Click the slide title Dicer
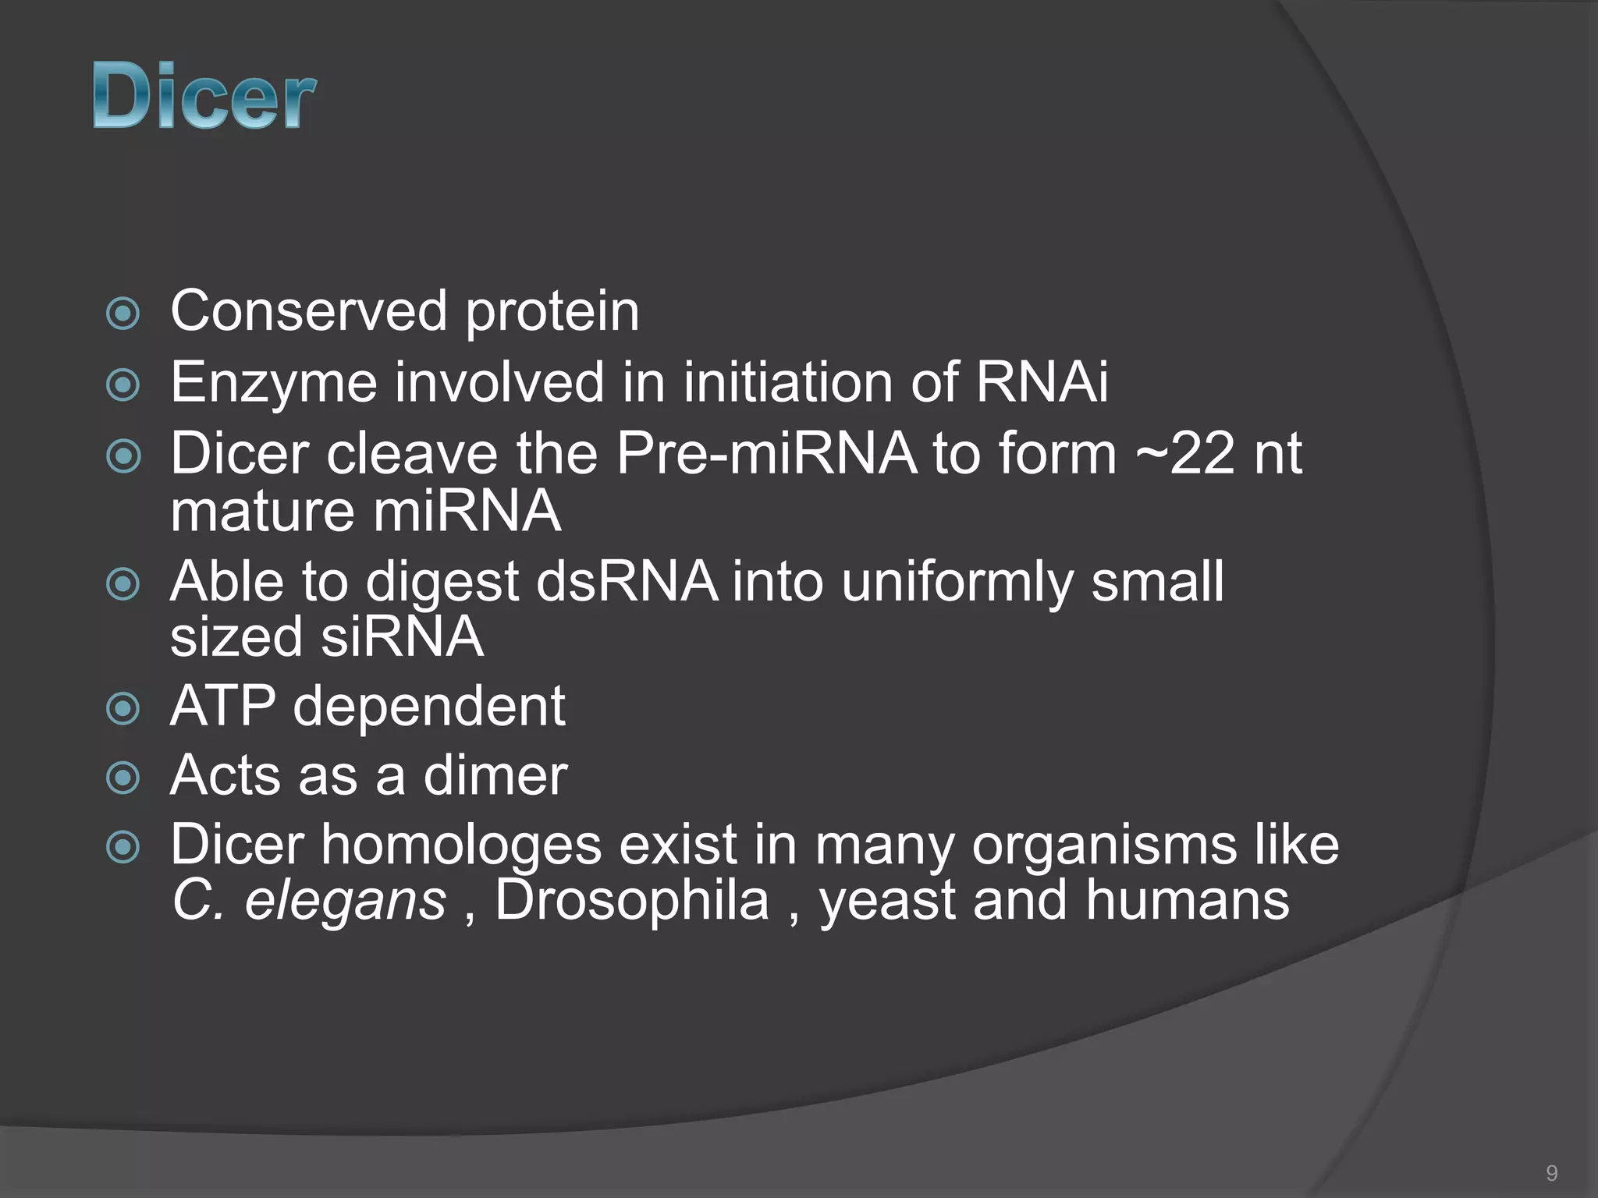204,97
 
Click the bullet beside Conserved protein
123,314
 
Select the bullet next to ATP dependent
123,709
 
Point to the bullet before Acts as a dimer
123,778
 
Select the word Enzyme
273,384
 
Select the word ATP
223,707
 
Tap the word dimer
495,776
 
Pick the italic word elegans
345,901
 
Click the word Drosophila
632,901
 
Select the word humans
1187,901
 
